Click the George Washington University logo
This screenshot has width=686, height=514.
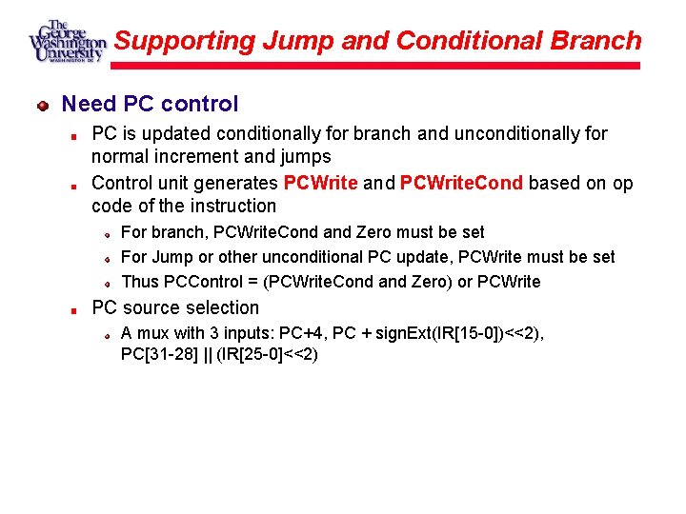[66, 42]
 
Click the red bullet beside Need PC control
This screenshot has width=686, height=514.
[43, 105]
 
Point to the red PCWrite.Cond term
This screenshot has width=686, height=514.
[461, 183]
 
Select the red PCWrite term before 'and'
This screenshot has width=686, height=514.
[320, 183]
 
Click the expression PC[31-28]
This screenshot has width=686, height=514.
[158, 354]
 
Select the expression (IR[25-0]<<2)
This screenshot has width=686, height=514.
[267, 354]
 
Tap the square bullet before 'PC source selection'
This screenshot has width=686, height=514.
[73, 308]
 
